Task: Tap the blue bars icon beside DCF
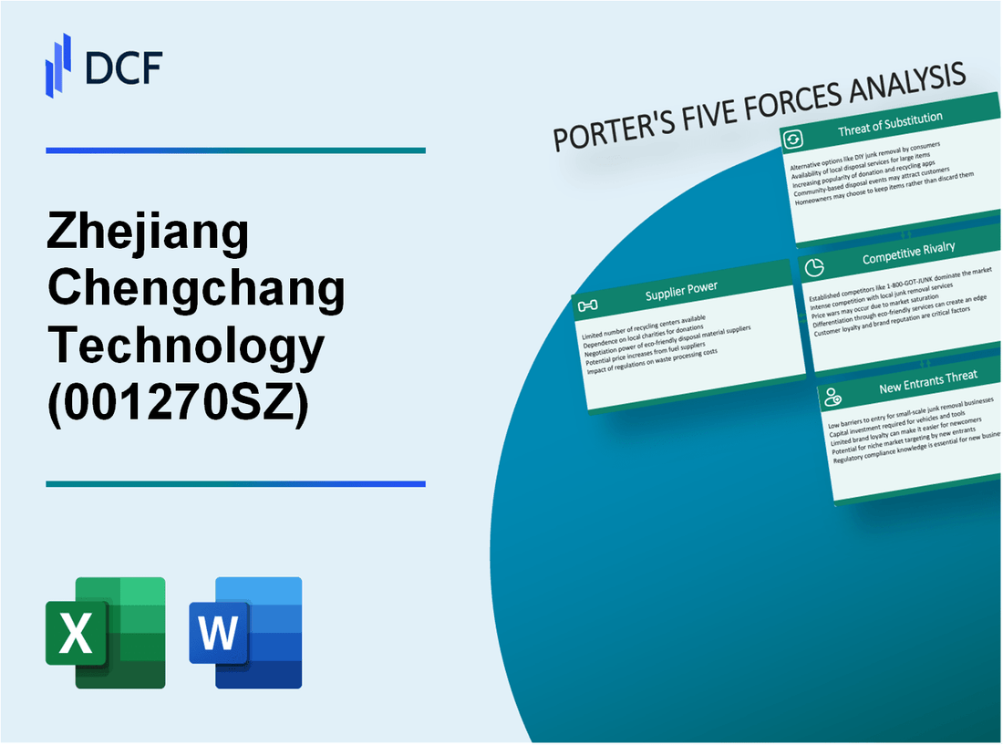coord(58,65)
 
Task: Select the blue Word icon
coord(245,632)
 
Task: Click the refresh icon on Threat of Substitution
coord(793,139)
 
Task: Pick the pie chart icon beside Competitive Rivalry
coord(814,267)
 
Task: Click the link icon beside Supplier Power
coord(589,305)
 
